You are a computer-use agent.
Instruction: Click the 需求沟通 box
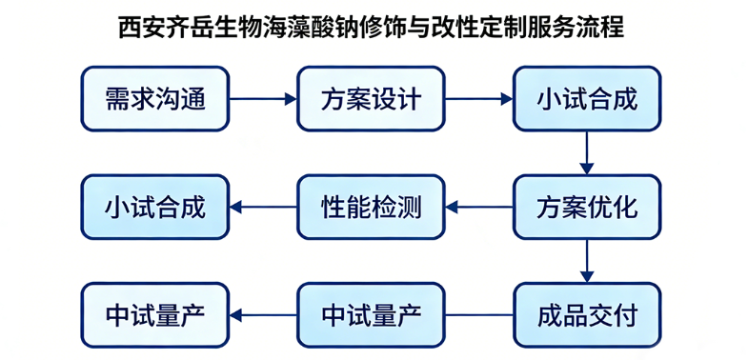[155, 98]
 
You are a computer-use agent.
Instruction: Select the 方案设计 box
[371, 98]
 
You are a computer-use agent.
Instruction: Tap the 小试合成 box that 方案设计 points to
[586, 98]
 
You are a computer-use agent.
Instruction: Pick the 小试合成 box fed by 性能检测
[155, 207]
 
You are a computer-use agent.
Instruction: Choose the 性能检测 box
[371, 207]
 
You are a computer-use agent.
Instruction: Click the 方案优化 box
[586, 207]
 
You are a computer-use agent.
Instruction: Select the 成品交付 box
[586, 314]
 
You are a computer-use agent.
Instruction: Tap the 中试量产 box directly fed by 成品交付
[371, 314]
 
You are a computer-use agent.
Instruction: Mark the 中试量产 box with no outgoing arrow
[155, 314]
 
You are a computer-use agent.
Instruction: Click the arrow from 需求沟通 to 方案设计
[263, 98]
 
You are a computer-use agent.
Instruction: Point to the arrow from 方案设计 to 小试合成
[478, 98]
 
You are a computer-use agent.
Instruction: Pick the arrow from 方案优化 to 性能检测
[478, 207]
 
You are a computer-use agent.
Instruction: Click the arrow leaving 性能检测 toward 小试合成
[263, 207]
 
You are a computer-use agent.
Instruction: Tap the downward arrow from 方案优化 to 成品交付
[586, 260]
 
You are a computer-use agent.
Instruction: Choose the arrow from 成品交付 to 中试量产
[478, 314]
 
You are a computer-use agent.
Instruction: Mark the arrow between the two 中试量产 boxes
[263, 314]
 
